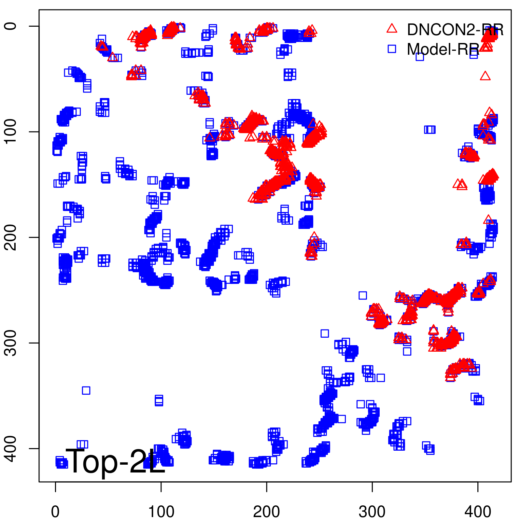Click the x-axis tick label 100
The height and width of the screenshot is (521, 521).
161,512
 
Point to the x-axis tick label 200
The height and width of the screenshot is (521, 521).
266,512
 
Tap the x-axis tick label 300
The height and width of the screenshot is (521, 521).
372,512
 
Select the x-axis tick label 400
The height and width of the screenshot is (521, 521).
477,512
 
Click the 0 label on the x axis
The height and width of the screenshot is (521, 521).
55,512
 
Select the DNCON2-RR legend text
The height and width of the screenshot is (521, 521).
455,30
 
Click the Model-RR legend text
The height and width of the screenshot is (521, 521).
443,49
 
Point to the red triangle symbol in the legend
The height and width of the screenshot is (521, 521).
392,28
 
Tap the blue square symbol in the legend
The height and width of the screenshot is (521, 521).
392,49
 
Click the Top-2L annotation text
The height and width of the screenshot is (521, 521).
116,462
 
